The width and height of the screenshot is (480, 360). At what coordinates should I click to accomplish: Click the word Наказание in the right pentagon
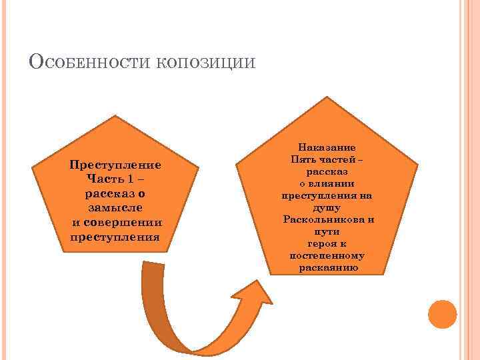pos(327,147)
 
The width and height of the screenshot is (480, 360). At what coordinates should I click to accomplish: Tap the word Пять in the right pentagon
pos(303,159)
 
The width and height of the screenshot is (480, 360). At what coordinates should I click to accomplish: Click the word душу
pos(327,207)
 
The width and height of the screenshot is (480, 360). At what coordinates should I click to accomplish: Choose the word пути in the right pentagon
pos(327,231)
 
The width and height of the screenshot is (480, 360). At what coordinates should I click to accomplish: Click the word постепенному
pos(327,255)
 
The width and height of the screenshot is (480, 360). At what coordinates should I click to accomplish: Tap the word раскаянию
pos(327,267)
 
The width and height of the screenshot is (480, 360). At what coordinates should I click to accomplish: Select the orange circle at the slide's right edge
pos(441,313)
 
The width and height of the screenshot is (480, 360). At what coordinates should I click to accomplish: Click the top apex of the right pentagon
pos(327,97)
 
